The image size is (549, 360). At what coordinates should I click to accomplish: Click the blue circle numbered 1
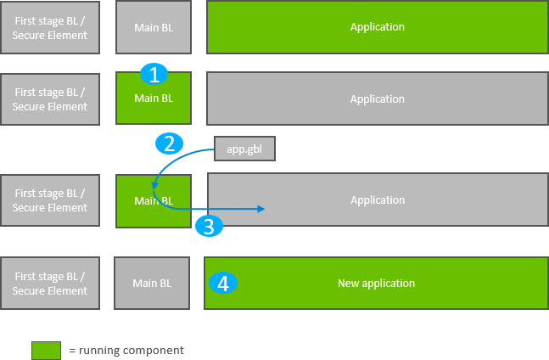(x=154, y=75)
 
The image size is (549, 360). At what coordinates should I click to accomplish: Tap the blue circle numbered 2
(x=169, y=143)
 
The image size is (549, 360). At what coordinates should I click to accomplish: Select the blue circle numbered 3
(x=210, y=226)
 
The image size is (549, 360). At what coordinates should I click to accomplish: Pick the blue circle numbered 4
(x=223, y=283)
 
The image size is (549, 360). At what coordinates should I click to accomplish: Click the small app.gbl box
(x=245, y=149)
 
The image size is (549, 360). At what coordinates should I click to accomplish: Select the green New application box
(x=376, y=283)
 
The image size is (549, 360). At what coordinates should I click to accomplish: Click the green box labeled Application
(x=377, y=27)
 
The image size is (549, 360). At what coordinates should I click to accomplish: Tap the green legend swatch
(x=46, y=350)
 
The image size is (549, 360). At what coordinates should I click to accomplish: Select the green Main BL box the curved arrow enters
(x=154, y=201)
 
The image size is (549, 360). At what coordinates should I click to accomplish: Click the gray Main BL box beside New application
(x=154, y=283)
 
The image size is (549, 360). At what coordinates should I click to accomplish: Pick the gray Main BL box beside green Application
(x=154, y=27)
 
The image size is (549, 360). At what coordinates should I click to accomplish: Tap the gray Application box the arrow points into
(x=378, y=200)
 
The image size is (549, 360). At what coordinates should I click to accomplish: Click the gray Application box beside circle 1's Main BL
(x=377, y=99)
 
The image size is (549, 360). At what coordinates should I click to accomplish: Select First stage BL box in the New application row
(x=50, y=283)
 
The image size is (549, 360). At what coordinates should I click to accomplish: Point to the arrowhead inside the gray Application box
(x=263, y=210)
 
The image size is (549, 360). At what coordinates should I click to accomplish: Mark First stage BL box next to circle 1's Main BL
(x=50, y=99)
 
